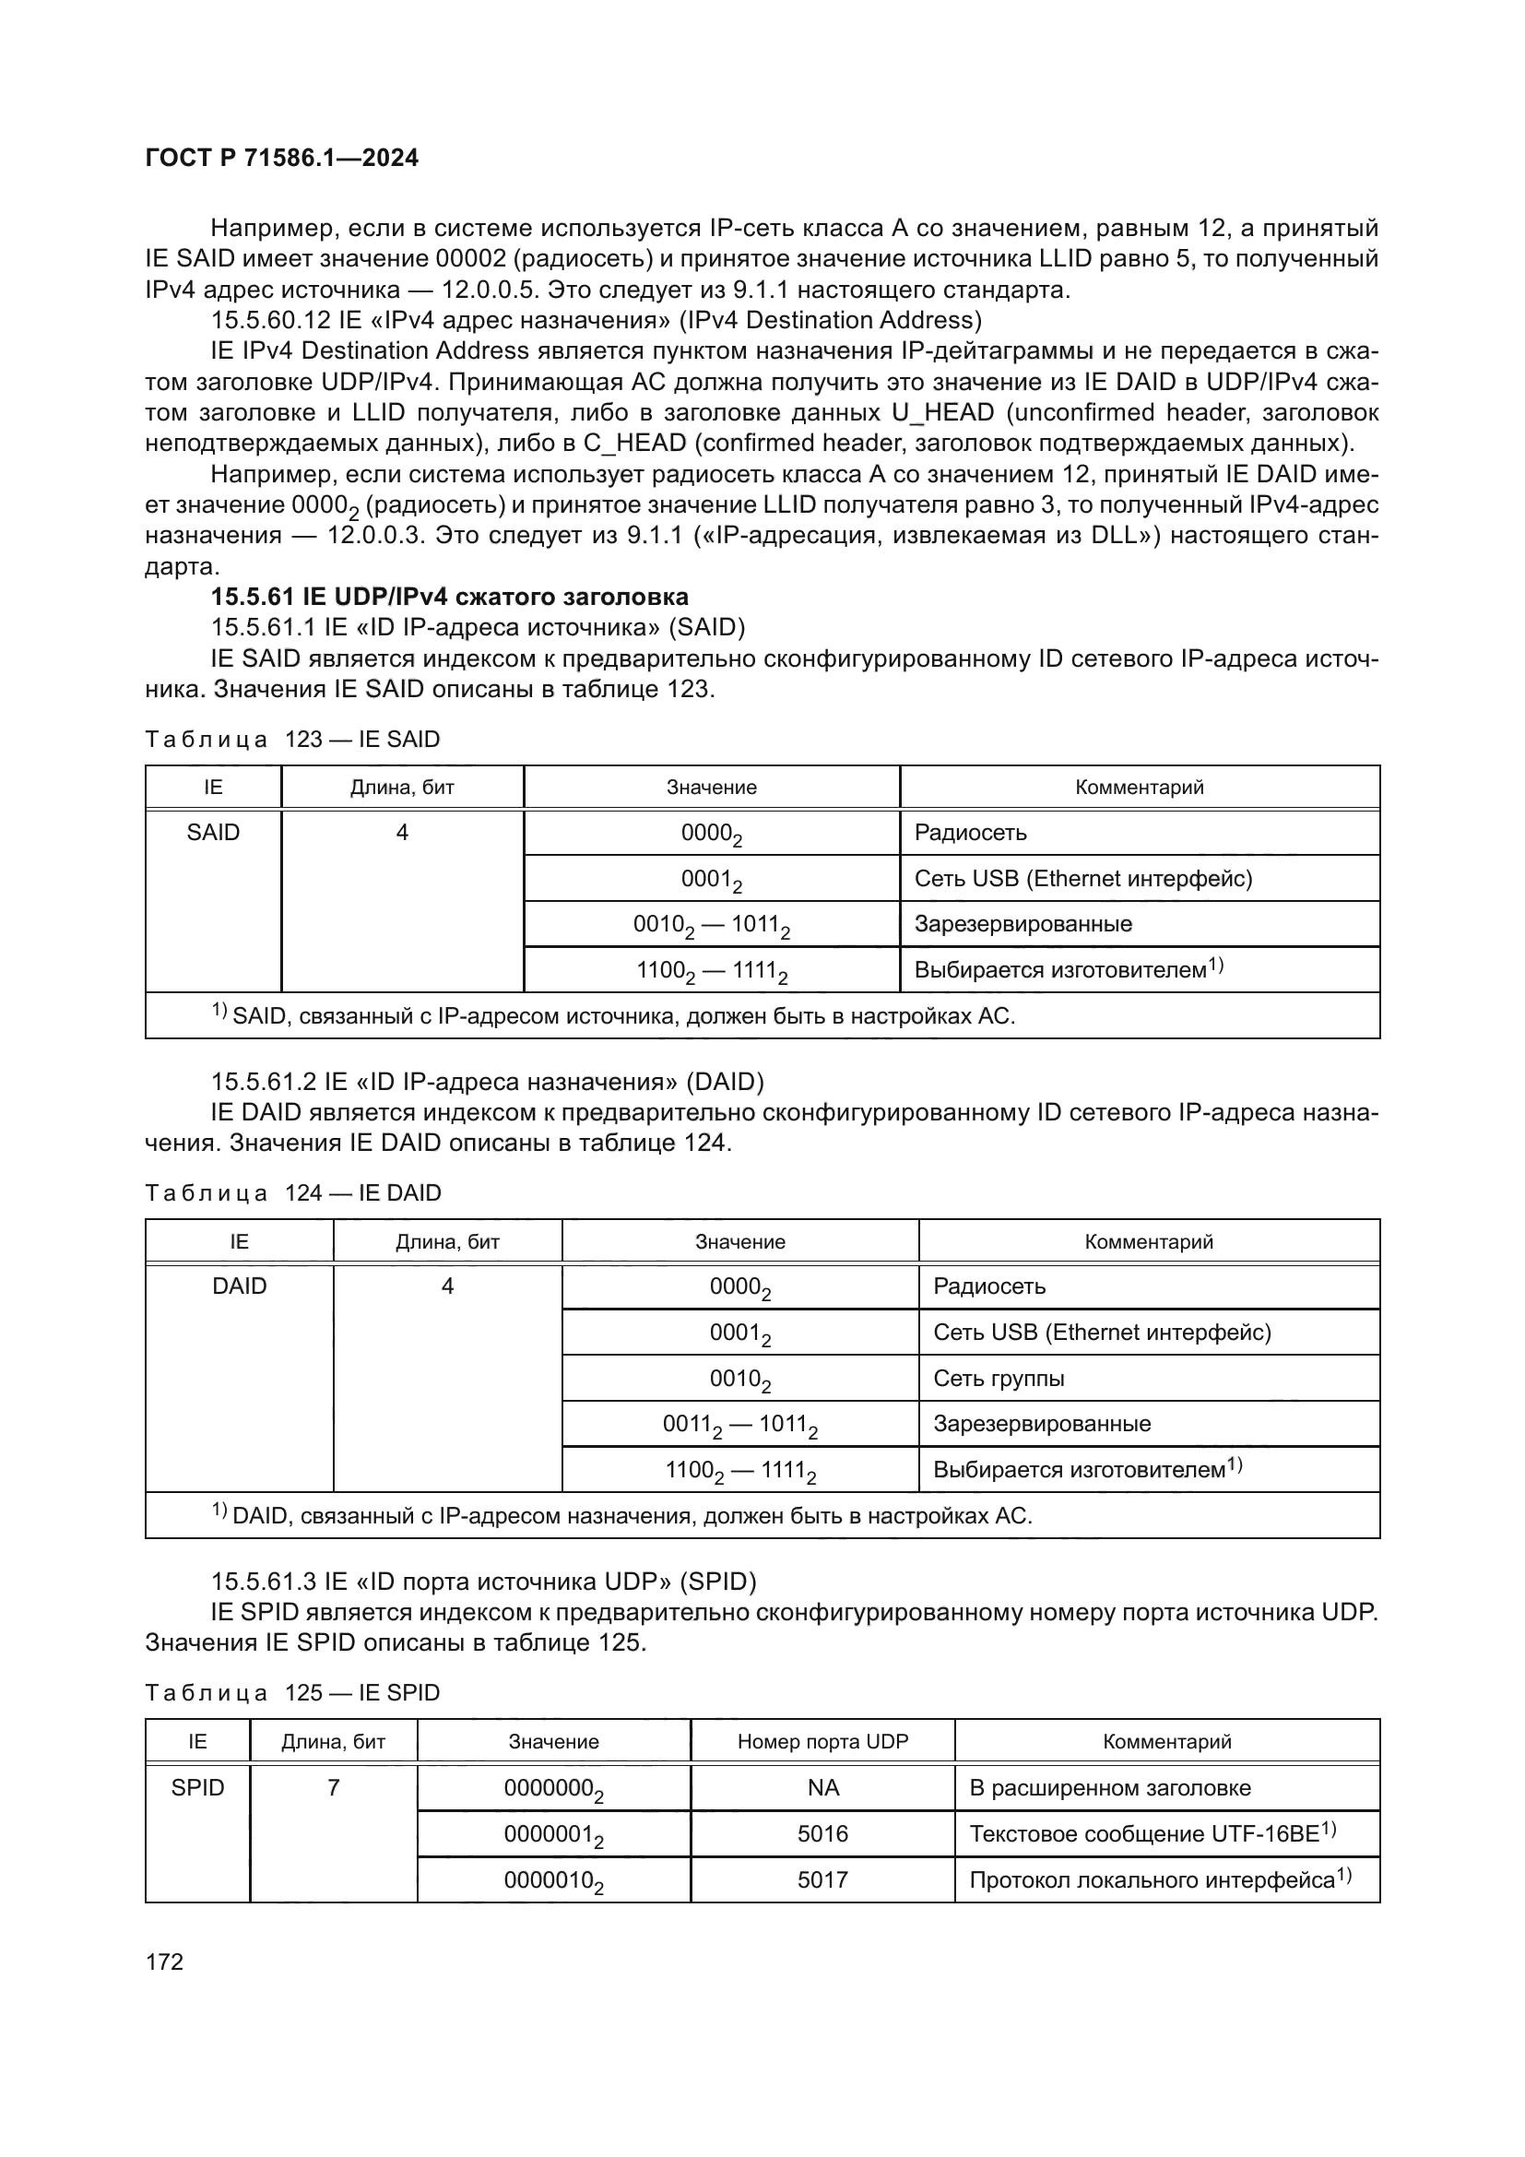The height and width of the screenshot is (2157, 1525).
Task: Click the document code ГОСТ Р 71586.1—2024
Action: click(x=282, y=158)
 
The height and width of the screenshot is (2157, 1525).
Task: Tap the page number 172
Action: click(x=164, y=1961)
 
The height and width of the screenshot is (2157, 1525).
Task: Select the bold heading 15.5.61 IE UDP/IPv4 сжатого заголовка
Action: click(x=449, y=597)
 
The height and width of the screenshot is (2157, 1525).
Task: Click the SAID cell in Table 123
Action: click(x=213, y=833)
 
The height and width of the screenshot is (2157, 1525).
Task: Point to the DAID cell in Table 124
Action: click(x=240, y=1286)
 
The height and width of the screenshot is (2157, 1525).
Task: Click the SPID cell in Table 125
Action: click(x=197, y=1788)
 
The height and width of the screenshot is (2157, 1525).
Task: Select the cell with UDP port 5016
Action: click(x=822, y=1834)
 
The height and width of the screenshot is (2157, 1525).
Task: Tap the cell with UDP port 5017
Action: click(x=822, y=1879)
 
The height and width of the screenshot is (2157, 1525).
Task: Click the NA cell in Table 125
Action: click(x=822, y=1788)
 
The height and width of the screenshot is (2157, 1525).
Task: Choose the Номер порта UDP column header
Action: click(x=822, y=1742)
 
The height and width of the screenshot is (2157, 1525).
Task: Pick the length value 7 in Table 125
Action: click(x=334, y=1788)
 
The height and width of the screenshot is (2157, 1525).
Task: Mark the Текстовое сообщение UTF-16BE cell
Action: click(x=1152, y=1834)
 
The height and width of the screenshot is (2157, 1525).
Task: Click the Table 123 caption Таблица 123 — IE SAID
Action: click(x=292, y=740)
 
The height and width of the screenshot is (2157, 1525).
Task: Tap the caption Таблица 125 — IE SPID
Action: click(x=292, y=1693)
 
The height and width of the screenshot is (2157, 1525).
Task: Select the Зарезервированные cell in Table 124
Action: click(x=1041, y=1423)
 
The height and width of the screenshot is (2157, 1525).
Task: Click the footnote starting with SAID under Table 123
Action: click(x=620, y=1015)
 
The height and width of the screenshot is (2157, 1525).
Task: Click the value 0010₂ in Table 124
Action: click(x=740, y=1379)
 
